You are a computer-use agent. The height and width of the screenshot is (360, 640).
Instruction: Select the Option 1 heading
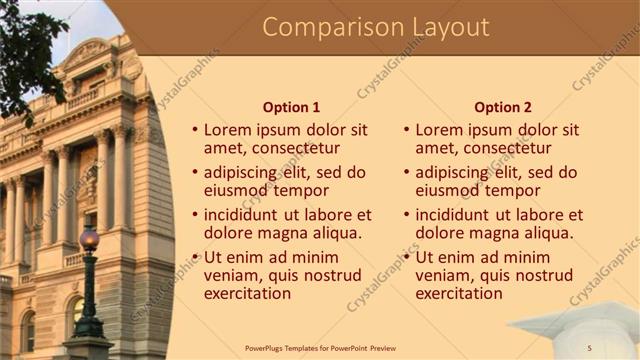click(x=291, y=107)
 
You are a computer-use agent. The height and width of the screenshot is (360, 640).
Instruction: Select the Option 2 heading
click(x=503, y=107)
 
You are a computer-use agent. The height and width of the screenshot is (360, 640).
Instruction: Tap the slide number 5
click(x=590, y=347)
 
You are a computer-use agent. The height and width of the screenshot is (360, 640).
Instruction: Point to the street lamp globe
click(x=89, y=240)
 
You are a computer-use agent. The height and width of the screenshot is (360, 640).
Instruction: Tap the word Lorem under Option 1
click(x=227, y=130)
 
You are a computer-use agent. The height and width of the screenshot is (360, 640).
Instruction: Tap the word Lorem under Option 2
click(x=438, y=130)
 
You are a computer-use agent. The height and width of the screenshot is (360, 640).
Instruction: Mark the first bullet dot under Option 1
click(x=195, y=131)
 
